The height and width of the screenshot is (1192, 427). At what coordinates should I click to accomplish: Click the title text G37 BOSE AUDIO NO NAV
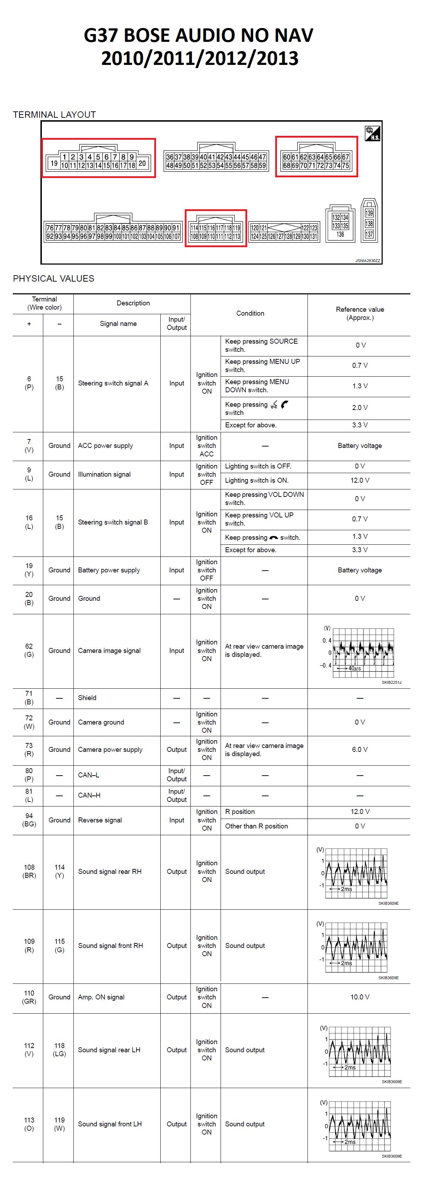(199, 35)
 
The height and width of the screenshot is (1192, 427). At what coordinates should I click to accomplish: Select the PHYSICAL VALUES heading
(54, 278)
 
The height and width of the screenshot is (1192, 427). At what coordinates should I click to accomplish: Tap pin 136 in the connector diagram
(340, 235)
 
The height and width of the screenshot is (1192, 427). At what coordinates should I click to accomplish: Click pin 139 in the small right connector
(369, 213)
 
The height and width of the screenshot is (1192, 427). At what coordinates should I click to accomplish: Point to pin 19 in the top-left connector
(54, 163)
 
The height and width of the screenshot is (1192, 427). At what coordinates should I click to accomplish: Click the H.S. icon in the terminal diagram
(372, 133)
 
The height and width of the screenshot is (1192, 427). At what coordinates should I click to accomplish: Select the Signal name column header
(118, 323)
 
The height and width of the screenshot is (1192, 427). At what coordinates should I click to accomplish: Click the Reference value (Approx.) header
(360, 313)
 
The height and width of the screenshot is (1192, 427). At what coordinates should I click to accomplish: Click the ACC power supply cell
(105, 445)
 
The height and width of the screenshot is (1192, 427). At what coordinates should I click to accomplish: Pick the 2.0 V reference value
(360, 408)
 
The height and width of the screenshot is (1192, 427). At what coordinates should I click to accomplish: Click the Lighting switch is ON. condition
(256, 480)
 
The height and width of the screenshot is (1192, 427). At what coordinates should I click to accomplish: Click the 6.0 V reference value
(360, 750)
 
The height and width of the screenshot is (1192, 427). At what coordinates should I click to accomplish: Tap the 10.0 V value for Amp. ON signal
(360, 997)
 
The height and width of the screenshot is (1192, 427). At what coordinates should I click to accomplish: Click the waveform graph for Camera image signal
(363, 653)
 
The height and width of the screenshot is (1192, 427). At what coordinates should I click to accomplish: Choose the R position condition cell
(240, 812)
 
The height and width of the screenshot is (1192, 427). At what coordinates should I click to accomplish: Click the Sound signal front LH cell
(110, 1124)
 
